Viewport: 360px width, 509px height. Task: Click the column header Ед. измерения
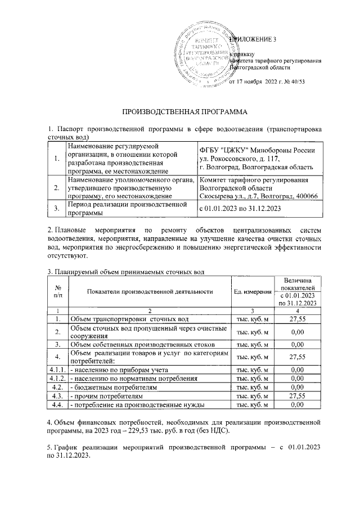click(x=251, y=291)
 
